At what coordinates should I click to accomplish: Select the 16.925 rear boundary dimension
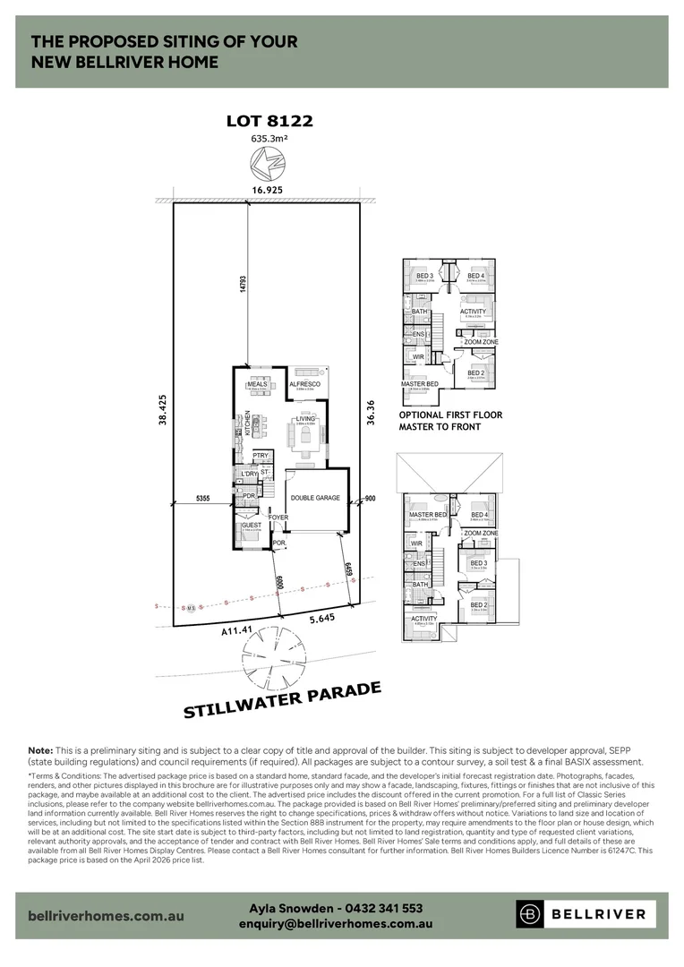tap(268, 191)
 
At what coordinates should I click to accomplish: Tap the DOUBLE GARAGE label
tap(314, 498)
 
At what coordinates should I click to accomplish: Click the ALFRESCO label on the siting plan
tap(304, 383)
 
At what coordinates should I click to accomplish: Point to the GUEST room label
tap(249, 525)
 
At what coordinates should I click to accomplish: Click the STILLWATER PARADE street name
tap(283, 700)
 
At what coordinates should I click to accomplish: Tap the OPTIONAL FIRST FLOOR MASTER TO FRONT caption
tap(450, 421)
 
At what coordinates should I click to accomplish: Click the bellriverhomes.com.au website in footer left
tap(107, 916)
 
